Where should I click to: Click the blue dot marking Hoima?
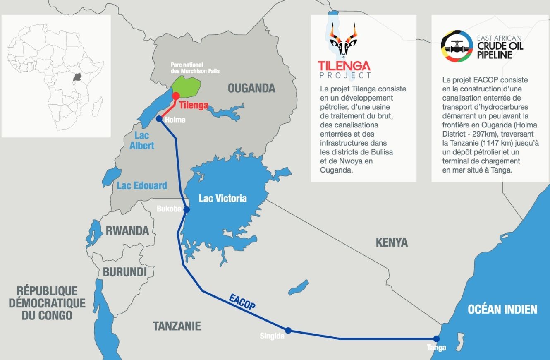point(159,119)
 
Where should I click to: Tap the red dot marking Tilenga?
point(176,96)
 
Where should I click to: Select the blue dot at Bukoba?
point(187,210)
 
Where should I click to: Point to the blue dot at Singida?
point(288,330)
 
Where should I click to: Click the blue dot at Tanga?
point(436,338)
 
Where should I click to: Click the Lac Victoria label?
point(222,198)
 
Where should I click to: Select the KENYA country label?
point(392,242)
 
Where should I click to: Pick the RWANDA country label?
point(127,230)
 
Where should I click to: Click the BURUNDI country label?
point(124,272)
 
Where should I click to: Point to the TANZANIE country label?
point(177,326)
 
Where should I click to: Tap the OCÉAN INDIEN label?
point(502,309)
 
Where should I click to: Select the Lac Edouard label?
point(142,185)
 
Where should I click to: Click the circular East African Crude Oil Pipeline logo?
point(457,46)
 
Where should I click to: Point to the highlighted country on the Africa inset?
point(77,77)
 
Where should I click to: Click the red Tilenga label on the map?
point(193,105)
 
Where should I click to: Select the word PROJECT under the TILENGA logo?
point(345,75)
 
